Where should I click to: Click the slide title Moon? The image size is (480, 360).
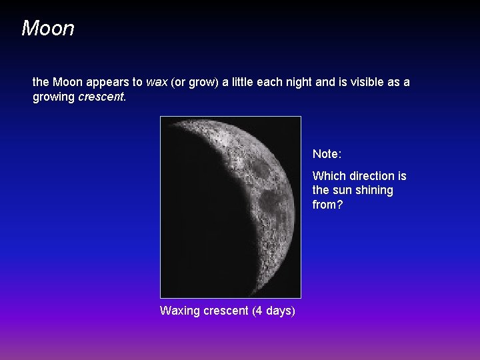pyautogui.click(x=47, y=29)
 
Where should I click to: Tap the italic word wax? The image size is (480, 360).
pyautogui.click(x=157, y=82)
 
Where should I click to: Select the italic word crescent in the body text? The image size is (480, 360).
pyautogui.click(x=101, y=97)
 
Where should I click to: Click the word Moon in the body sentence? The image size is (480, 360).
pyautogui.click(x=67, y=82)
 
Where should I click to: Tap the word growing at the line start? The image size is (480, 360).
pyautogui.click(x=54, y=97)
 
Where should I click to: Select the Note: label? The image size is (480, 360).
pyautogui.click(x=327, y=154)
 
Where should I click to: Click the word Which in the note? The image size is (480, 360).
pyautogui.click(x=329, y=176)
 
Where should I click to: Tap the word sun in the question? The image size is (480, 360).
pyautogui.click(x=343, y=191)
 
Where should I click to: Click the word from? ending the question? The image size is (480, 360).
pyautogui.click(x=327, y=205)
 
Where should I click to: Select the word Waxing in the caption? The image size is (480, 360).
pyautogui.click(x=180, y=311)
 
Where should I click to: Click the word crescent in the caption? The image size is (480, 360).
pyautogui.click(x=227, y=311)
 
